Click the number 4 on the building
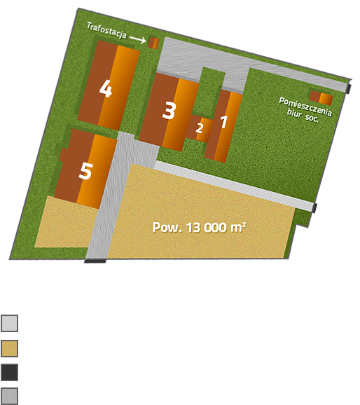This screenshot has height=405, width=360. (x=106, y=88)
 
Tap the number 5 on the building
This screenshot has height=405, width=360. (x=85, y=171)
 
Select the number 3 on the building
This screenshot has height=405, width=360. (x=169, y=111)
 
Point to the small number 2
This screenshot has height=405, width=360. (x=199, y=128)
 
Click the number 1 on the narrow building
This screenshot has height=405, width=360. (x=223, y=122)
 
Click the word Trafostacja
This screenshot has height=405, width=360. (x=106, y=30)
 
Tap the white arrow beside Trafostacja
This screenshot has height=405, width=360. (x=138, y=39)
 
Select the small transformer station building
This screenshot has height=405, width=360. (x=154, y=43)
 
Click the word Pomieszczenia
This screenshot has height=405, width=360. (x=305, y=107)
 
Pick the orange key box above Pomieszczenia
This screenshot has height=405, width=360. (x=321, y=98)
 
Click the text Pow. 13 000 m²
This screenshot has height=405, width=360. (x=199, y=228)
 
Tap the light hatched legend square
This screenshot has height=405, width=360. (x=10, y=323)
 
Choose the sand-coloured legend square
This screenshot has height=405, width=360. (x=10, y=348)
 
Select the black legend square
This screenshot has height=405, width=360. (x=10, y=372)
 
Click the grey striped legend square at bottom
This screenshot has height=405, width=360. (x=10, y=396)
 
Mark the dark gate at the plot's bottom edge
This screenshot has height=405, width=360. (x=95, y=261)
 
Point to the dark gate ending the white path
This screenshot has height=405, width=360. (x=314, y=208)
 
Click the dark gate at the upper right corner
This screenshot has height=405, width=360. (x=348, y=88)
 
